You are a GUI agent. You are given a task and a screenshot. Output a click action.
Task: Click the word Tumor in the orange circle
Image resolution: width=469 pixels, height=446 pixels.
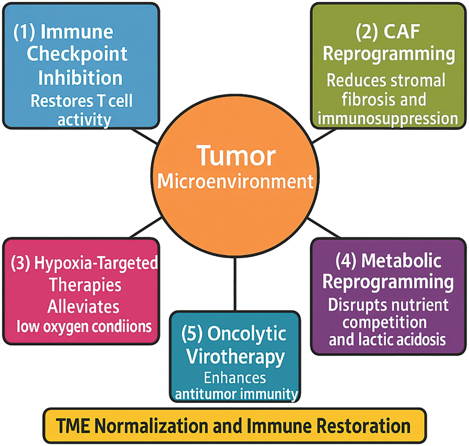click(x=236, y=156)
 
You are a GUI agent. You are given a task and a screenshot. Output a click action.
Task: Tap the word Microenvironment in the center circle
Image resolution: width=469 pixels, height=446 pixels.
click(x=235, y=181)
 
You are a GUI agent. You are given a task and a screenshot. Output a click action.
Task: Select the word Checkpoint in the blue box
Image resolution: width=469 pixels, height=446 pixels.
click(x=77, y=55)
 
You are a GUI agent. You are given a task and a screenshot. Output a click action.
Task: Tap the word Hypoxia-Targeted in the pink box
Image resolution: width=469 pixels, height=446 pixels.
click(x=96, y=263)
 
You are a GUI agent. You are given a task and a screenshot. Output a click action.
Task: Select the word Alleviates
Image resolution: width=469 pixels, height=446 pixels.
click(x=83, y=307)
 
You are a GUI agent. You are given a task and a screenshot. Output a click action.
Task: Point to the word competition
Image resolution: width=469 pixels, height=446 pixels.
click(x=385, y=322)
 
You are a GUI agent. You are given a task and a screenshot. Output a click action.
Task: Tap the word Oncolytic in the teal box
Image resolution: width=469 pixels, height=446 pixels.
click(x=246, y=334)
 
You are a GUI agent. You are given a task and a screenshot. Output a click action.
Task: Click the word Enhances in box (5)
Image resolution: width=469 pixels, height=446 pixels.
click(x=235, y=378)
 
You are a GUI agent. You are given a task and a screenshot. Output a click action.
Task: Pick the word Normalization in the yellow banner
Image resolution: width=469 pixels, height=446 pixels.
click(x=152, y=426)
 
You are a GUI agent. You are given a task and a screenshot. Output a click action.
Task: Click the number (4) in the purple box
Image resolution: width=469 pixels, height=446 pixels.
click(x=346, y=260)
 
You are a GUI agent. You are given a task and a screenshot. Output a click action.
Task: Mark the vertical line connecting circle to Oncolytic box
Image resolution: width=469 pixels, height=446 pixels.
click(x=235, y=284)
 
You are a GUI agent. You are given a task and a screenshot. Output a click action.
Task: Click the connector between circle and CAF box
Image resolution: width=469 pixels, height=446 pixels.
click(x=324, y=136)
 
